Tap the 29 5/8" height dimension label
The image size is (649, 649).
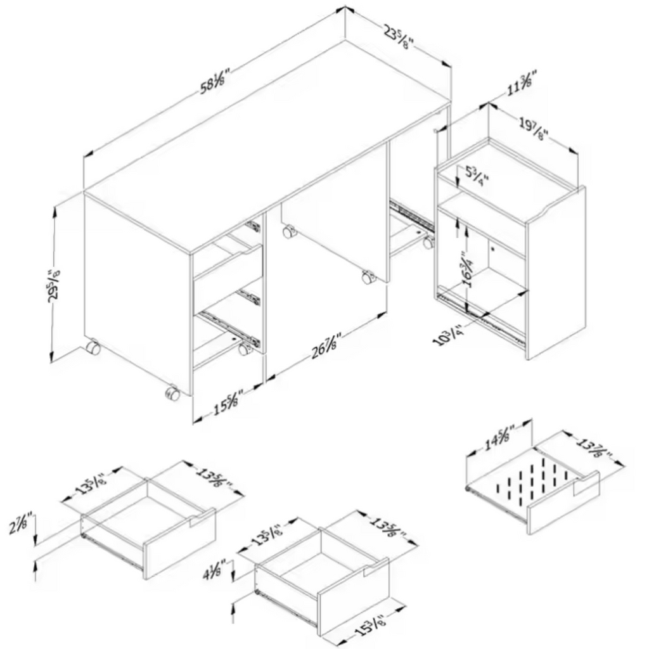point(55,287)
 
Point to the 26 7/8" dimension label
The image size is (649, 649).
point(327,348)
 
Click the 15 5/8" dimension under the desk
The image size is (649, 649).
point(226,405)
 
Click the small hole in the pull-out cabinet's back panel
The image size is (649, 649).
point(492,250)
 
